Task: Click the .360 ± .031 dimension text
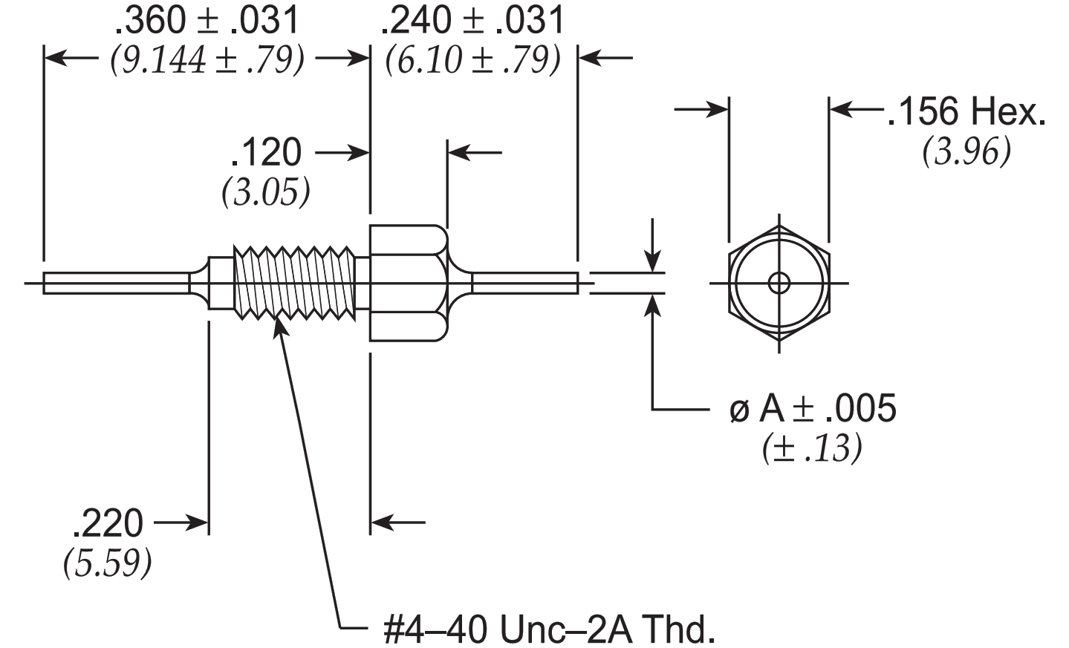tap(207, 19)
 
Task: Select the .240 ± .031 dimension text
tap(473, 19)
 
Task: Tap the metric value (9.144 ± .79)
tap(207, 60)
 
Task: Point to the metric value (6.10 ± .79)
tap(473, 60)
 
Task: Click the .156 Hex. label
tap(966, 111)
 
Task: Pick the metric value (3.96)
tap(966, 151)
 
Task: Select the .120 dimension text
tap(266, 152)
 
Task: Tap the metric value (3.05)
tap(266, 192)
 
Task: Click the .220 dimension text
tap(108, 523)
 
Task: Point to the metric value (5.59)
tap(108, 563)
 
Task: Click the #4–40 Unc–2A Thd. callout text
tap(549, 629)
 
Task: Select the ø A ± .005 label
tap(813, 408)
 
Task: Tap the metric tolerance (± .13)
tap(812, 448)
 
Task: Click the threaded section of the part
tap(294, 283)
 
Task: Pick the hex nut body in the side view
tap(409, 284)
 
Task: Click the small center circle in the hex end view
tap(779, 284)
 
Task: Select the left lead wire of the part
tap(117, 284)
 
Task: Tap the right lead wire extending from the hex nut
tap(525, 284)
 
